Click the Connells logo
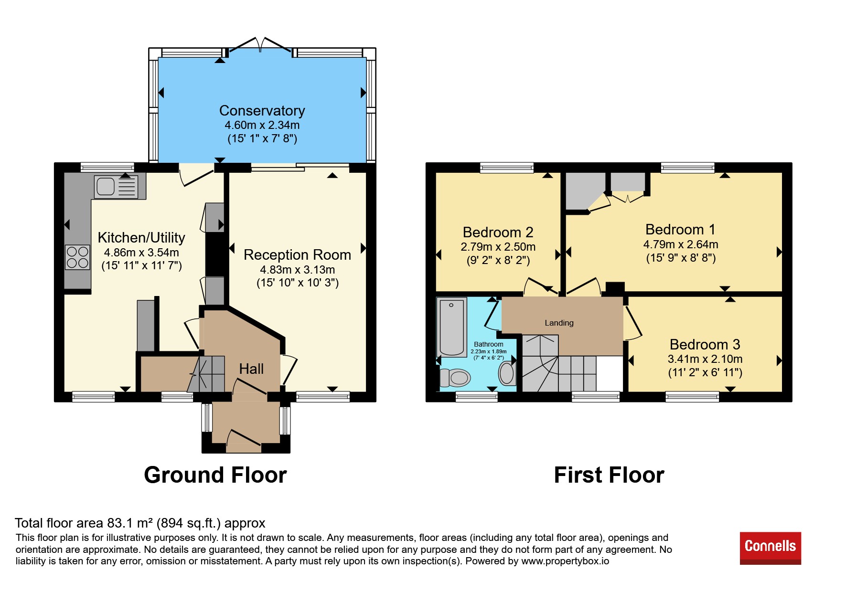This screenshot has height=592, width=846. (x=770, y=548)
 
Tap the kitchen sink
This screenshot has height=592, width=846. (x=117, y=187)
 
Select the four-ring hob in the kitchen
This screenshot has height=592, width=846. (x=77, y=257)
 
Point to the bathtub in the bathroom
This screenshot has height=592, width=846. (x=451, y=327)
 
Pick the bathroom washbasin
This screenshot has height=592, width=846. (x=507, y=373)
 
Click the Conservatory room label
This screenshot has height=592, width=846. (x=262, y=111)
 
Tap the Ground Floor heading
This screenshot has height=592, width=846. (x=215, y=475)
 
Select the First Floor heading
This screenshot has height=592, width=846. (x=609, y=475)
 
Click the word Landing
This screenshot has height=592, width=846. (x=559, y=323)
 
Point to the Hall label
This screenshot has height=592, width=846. (x=251, y=369)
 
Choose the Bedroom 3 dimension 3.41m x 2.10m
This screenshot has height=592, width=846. (x=705, y=359)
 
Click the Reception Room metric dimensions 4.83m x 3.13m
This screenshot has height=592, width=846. (x=298, y=270)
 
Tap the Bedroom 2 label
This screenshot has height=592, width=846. (x=498, y=233)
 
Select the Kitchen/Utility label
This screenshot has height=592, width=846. (x=141, y=238)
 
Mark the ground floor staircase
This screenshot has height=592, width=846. (x=206, y=374)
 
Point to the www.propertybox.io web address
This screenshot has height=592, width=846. (x=565, y=561)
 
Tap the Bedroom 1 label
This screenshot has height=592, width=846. (x=680, y=230)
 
